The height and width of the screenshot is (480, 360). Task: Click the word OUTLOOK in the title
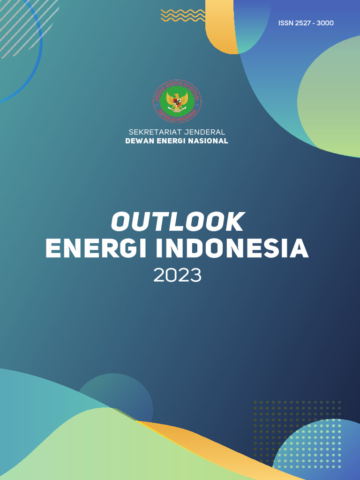pos(178,222)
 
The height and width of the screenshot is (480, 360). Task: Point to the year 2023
pos(178,276)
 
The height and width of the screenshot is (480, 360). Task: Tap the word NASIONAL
pos(209,141)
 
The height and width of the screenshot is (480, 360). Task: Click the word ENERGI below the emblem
pos(172,141)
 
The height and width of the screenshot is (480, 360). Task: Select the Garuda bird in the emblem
pos(177,101)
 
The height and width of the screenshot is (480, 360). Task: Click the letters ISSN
pos(285,23)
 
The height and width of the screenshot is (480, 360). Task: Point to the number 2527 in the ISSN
pos(302,23)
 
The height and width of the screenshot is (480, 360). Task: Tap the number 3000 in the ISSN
pos(325,23)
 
